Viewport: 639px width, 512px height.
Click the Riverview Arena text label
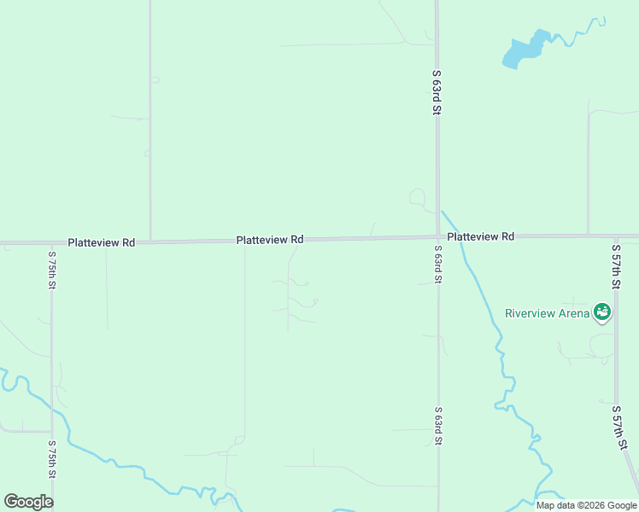click(x=547, y=313)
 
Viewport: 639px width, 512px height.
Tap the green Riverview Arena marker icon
click(x=602, y=312)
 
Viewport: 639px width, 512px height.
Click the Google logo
click(x=29, y=501)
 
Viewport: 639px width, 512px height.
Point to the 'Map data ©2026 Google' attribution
click(x=586, y=505)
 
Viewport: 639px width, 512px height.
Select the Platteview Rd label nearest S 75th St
click(x=102, y=242)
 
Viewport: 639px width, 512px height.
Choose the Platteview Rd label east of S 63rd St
click(x=480, y=236)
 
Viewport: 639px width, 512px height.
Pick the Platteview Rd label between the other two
click(x=270, y=241)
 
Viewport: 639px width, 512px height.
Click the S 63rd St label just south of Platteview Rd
click(x=437, y=265)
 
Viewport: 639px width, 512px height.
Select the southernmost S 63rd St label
click(x=437, y=426)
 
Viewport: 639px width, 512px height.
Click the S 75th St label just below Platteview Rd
click(x=52, y=270)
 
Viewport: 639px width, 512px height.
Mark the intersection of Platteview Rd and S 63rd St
click(x=437, y=237)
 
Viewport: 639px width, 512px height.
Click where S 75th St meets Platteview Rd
click(x=52, y=243)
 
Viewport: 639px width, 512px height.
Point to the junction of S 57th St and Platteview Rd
click(x=615, y=236)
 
